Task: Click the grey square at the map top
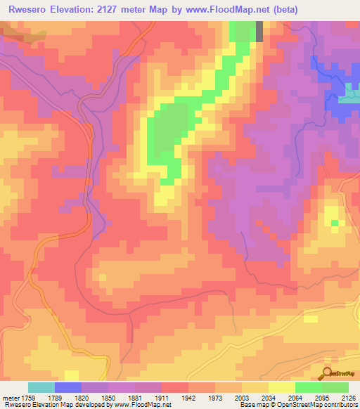point(259,31)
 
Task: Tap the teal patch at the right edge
point(349,96)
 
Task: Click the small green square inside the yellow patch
point(334,223)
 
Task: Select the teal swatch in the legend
point(41,387)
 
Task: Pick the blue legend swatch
point(68,387)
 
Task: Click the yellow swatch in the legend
point(282,387)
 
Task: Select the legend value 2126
point(348,397)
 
